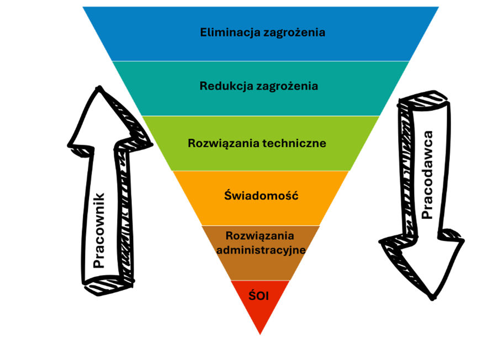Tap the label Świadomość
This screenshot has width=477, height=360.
click(x=261, y=195)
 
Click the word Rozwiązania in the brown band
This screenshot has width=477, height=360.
click(x=260, y=236)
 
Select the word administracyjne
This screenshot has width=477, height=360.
click(x=261, y=250)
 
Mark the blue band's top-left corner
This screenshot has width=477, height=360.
click(x=82, y=7)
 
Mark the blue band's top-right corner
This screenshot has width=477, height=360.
click(x=439, y=7)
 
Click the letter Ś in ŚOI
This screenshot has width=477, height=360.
click(x=252, y=296)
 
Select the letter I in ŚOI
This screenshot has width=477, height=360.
click(x=267, y=297)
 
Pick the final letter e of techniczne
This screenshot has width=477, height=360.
click(x=323, y=144)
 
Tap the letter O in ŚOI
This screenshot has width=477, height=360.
click(x=260, y=297)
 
